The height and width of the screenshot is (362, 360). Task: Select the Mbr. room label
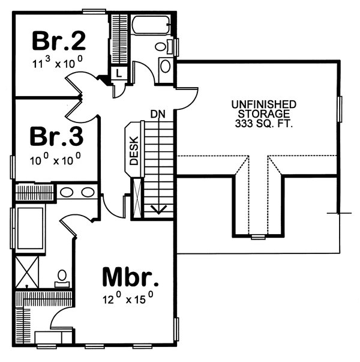[x=130, y=277]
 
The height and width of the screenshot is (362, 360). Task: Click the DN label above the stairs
[x=158, y=113]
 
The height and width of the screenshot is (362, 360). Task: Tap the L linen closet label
[x=118, y=73]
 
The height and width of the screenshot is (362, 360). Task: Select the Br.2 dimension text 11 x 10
[x=58, y=61]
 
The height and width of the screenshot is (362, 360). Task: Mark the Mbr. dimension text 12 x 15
[x=130, y=297]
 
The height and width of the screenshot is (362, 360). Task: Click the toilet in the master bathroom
[x=61, y=277]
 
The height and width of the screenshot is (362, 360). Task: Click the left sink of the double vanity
[x=67, y=193]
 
